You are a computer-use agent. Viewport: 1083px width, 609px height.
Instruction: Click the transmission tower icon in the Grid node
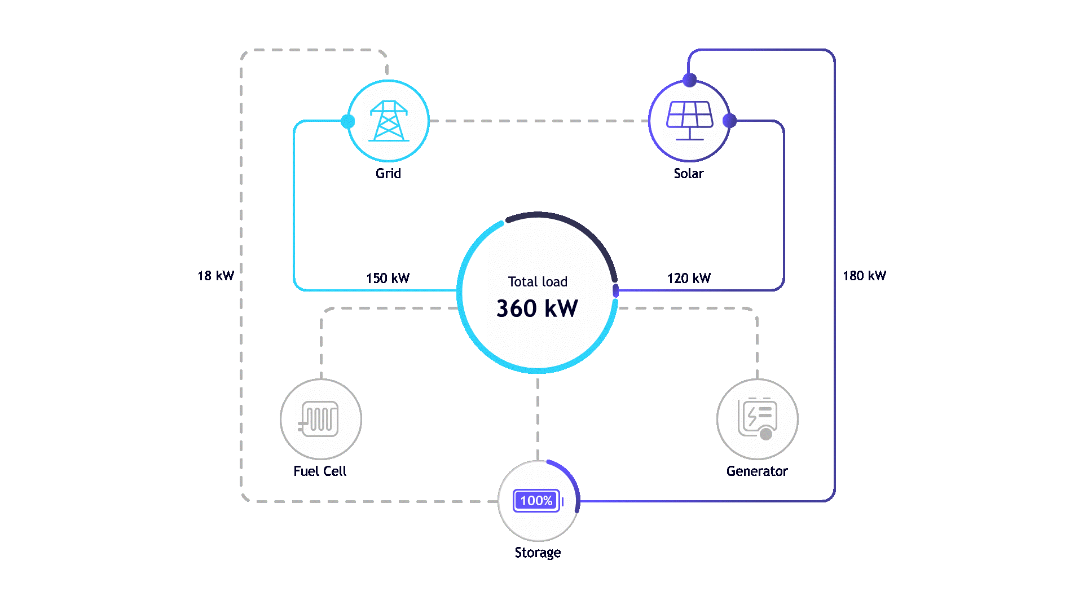(388, 121)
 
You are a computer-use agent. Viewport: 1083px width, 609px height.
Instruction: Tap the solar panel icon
(689, 120)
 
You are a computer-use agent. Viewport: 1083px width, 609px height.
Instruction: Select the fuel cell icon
(320, 419)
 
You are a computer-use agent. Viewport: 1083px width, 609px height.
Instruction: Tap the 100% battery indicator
(537, 501)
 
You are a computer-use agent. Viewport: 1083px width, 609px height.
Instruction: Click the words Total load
(538, 282)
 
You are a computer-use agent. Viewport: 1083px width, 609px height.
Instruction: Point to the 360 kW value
(537, 308)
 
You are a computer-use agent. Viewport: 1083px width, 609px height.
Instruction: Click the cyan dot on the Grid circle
(348, 121)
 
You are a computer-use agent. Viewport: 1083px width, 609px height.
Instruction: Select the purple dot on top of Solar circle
(689, 80)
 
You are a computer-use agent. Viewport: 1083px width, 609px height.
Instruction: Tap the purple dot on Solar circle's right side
(729, 121)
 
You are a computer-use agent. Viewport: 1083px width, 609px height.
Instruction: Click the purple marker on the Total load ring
(615, 291)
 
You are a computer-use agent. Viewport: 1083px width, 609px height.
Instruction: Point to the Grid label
(389, 174)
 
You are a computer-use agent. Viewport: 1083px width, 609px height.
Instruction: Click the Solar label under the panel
(689, 174)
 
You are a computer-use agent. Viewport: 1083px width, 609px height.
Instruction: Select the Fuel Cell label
(320, 471)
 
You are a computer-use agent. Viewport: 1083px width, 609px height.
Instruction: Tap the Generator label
(757, 471)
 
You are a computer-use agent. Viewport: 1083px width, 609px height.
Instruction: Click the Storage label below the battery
(538, 553)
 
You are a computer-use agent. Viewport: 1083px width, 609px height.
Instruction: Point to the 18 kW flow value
(216, 276)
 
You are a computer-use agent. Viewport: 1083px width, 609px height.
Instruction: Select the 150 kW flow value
(388, 278)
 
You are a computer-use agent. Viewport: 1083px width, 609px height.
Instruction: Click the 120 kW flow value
(689, 278)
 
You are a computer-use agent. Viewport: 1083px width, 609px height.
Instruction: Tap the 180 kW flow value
(865, 276)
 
